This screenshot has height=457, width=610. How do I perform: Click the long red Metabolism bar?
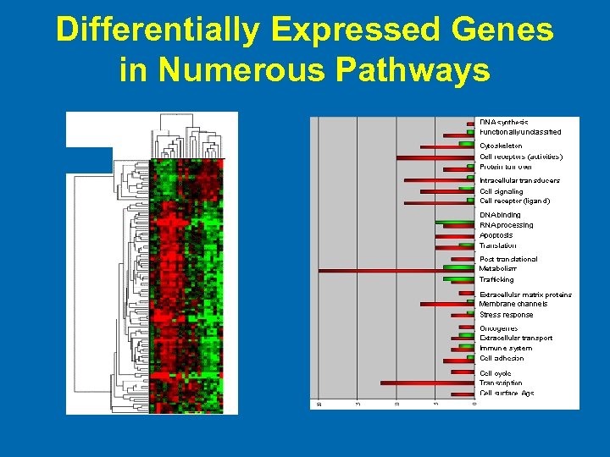(x=381, y=271)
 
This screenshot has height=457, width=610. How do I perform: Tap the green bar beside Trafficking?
(x=457, y=278)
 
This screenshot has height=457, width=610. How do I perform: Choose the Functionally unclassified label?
(x=519, y=132)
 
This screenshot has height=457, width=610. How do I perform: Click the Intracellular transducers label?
(x=519, y=180)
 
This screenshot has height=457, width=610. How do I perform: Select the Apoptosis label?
(x=496, y=235)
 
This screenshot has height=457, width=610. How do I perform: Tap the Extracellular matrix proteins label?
(x=525, y=295)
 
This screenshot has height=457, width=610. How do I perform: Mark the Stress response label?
(x=506, y=315)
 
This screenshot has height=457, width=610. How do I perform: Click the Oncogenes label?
(x=498, y=328)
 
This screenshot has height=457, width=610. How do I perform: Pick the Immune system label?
(x=506, y=348)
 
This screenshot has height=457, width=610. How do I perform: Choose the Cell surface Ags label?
(x=507, y=393)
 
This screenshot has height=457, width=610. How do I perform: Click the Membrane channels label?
(x=513, y=304)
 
